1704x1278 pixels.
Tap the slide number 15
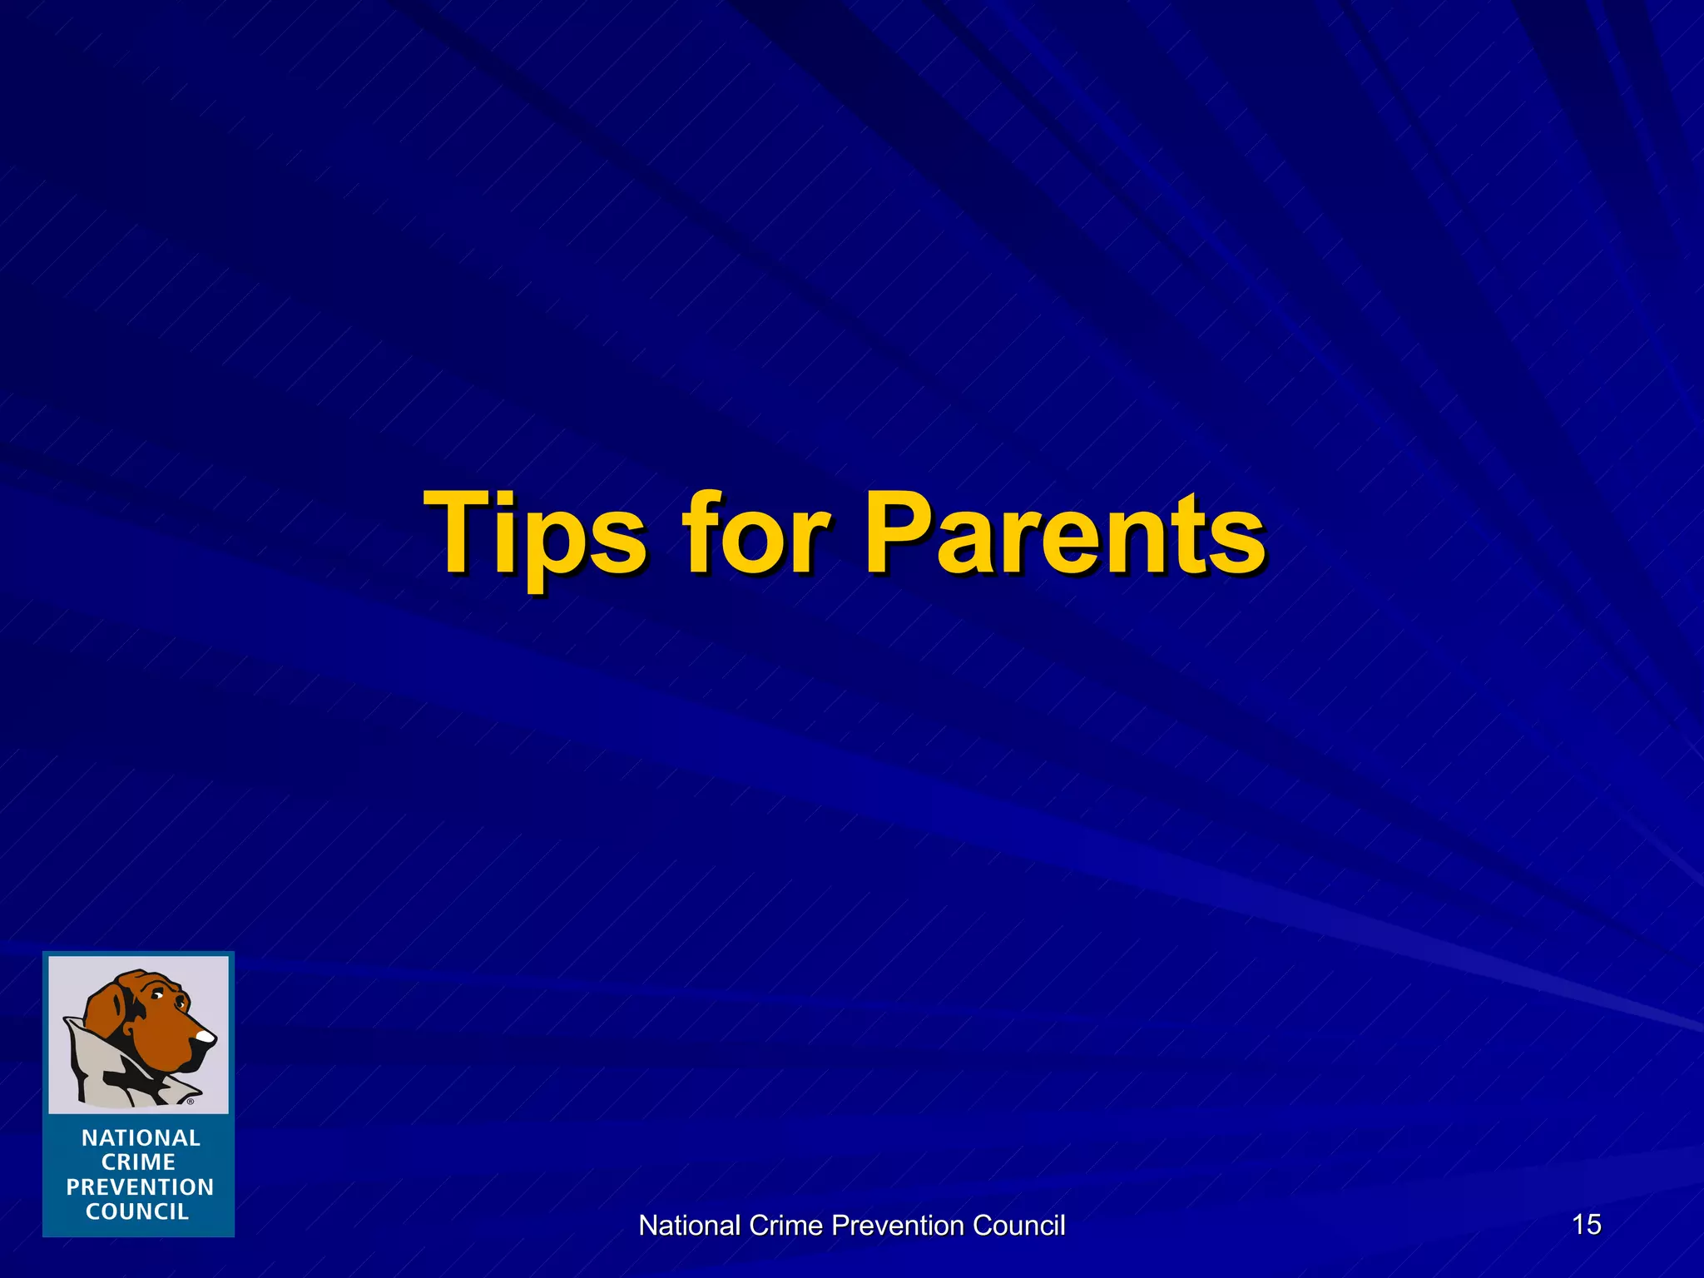click(x=1587, y=1224)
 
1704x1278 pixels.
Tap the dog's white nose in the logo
click(x=205, y=1037)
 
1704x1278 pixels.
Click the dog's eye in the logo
click(x=156, y=996)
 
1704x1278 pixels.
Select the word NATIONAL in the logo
click(x=141, y=1137)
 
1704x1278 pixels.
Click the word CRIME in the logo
click(x=138, y=1162)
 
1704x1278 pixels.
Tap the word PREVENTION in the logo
click(x=140, y=1187)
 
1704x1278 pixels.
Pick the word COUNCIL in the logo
click(x=137, y=1211)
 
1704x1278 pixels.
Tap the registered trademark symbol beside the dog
click(x=190, y=1102)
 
